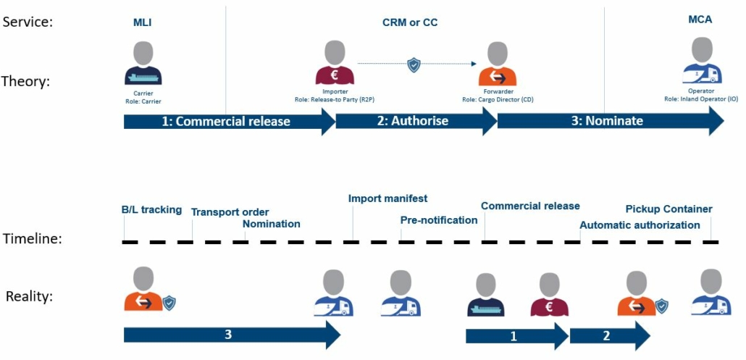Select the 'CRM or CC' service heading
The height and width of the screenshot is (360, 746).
[x=410, y=23]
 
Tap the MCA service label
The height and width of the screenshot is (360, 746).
[x=700, y=20]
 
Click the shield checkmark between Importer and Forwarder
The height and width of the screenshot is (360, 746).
[x=414, y=64]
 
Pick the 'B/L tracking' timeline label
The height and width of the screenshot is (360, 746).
[x=151, y=210]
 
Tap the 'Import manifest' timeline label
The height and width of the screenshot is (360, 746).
[x=387, y=198]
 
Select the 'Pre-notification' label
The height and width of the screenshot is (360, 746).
[x=438, y=220]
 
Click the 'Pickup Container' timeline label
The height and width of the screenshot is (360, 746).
[x=669, y=209]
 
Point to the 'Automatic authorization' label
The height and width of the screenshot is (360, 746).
[x=640, y=225]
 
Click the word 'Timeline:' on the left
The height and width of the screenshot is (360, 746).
[x=32, y=238]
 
